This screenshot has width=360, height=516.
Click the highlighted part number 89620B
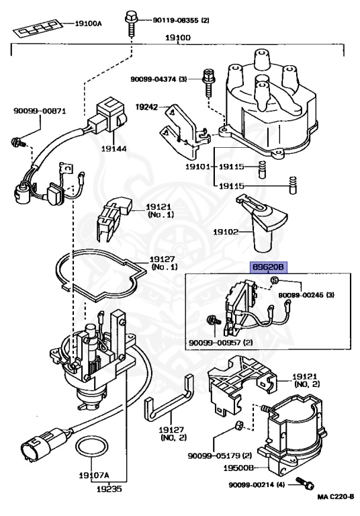click(x=269, y=267)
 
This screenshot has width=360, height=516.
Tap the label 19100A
click(x=88, y=24)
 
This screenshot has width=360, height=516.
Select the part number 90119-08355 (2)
click(x=181, y=20)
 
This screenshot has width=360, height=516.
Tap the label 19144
click(x=114, y=148)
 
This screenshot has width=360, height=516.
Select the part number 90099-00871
click(x=40, y=111)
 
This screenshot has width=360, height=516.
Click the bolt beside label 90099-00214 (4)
click(x=304, y=483)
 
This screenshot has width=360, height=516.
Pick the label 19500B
click(x=238, y=468)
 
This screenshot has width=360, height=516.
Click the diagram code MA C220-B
click(x=335, y=497)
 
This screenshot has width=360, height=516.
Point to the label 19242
click(x=147, y=107)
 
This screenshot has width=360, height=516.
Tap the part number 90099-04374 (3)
click(x=159, y=79)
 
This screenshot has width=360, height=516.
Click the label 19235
click(x=109, y=489)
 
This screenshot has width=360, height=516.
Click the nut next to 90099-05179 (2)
click(x=239, y=425)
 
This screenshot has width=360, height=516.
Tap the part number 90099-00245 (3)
click(x=306, y=295)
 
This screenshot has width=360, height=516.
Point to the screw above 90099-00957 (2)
click(x=212, y=319)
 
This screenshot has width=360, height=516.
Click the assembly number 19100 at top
click(x=178, y=38)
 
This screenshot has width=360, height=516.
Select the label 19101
click(x=197, y=167)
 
